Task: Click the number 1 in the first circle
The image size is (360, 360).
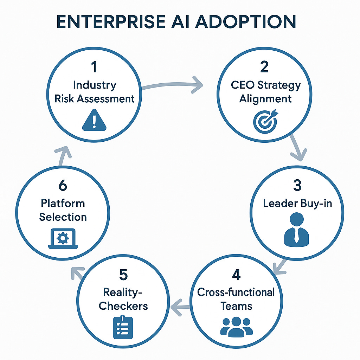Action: point(95,67)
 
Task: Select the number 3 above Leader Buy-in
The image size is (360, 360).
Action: point(297,185)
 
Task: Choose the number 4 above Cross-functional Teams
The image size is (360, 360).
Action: point(236,275)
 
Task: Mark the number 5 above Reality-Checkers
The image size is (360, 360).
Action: point(123,275)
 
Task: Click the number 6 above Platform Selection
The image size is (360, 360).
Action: point(63,185)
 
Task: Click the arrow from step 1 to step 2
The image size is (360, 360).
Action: point(172,84)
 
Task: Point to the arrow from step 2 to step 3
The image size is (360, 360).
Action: point(296,148)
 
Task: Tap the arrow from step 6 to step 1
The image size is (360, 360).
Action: point(63,155)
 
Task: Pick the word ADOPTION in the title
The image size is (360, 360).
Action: point(245,22)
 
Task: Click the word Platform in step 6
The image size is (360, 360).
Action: point(63,203)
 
